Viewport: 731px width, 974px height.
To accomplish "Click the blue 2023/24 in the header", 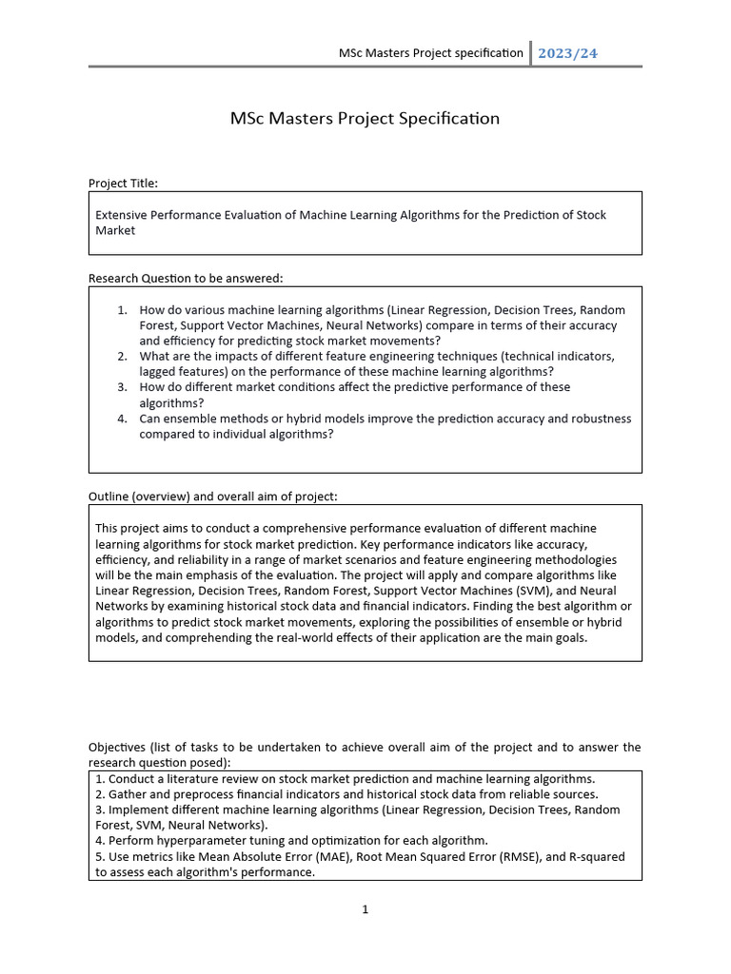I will pos(567,53).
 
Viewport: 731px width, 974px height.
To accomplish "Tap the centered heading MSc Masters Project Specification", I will pos(365,119).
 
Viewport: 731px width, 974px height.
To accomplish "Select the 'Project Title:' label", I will pos(123,183).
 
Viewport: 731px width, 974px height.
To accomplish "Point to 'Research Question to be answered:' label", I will pos(186,278).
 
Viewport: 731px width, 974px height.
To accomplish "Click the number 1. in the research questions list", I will pos(122,310).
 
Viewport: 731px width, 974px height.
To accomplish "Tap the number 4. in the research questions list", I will pos(122,419).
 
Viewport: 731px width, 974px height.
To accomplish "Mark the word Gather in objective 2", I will pos(127,793).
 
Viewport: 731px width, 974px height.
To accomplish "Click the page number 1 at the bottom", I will pos(365,910).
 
